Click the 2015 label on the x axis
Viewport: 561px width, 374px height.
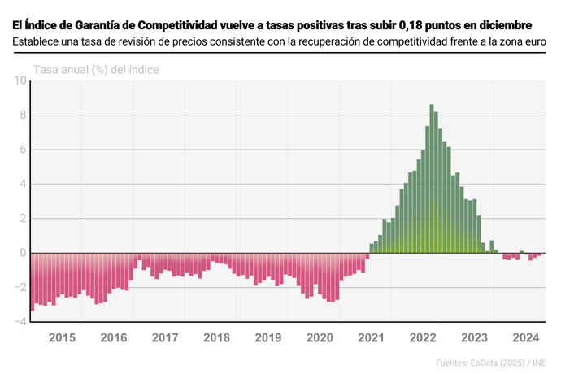pyautogui.click(x=63, y=338)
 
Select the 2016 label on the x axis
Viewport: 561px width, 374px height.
pyautogui.click(x=114, y=338)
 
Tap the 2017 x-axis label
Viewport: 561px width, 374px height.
pyautogui.click(x=165, y=338)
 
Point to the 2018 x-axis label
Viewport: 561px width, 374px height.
pyautogui.click(x=217, y=338)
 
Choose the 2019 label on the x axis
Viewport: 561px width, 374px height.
pyautogui.click(x=268, y=338)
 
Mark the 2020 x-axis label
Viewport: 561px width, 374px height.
pyautogui.click(x=320, y=338)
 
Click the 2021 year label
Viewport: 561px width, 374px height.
pyautogui.click(x=372, y=338)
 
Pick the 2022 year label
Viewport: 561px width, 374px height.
pyautogui.click(x=424, y=338)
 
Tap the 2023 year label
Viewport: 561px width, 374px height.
pyautogui.click(x=475, y=338)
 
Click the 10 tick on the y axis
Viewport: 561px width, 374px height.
pyautogui.click(x=20, y=80)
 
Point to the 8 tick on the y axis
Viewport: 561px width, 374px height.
pyautogui.click(x=23, y=115)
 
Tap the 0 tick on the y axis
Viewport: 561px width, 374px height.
pyautogui.click(x=23, y=253)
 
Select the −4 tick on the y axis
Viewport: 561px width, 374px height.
pyautogui.click(x=20, y=322)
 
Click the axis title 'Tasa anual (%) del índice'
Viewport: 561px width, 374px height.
pyautogui.click(x=96, y=70)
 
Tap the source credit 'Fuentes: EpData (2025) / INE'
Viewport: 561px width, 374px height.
pyautogui.click(x=490, y=362)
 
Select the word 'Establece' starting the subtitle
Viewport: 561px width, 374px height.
pyautogui.click(x=39, y=41)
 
